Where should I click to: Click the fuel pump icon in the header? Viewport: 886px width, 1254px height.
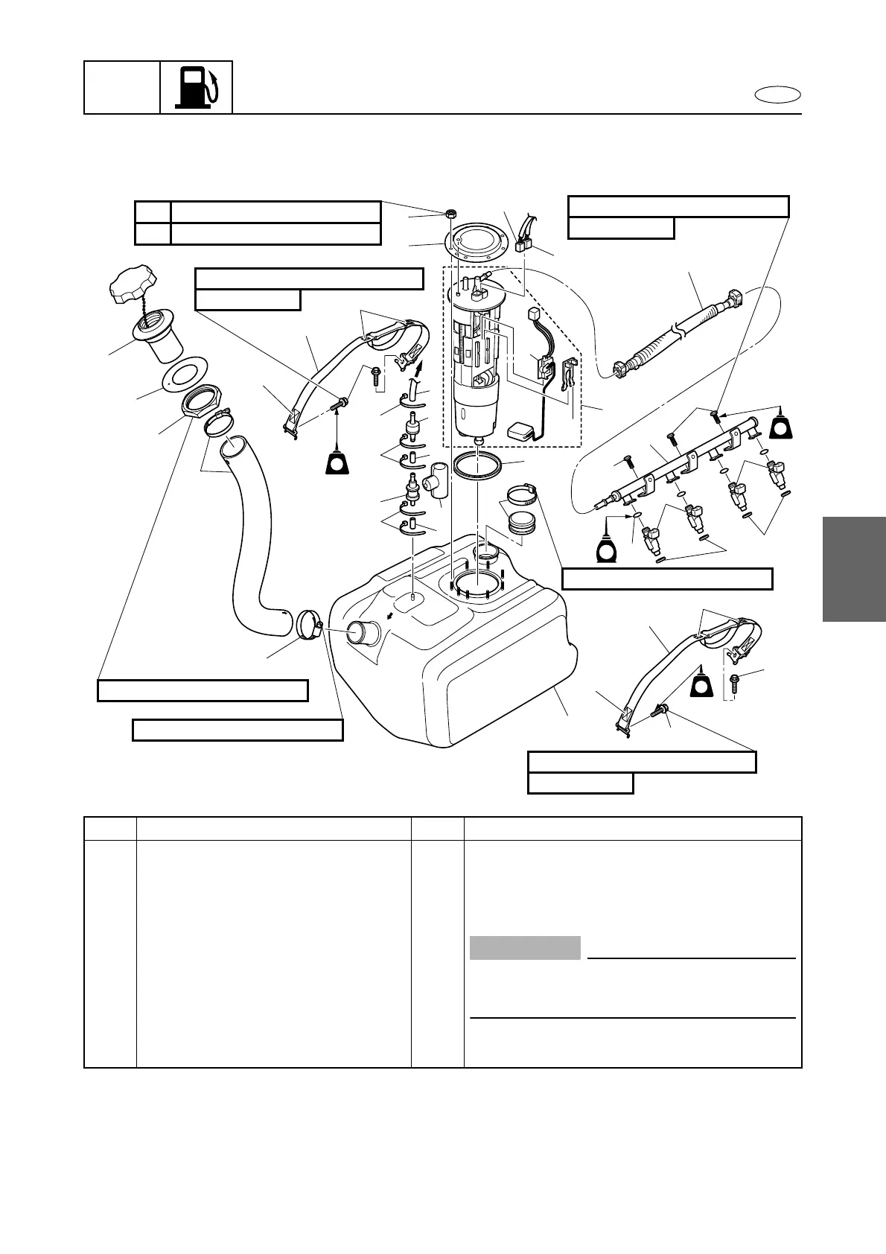(197, 88)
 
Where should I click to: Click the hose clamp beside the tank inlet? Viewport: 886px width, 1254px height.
(307, 624)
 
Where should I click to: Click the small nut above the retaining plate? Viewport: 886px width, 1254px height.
(450, 214)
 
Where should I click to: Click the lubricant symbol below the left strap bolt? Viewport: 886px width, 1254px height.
(337, 462)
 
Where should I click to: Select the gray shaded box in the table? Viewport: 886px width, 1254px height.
(525, 948)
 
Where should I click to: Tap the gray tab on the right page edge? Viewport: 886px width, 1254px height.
(854, 569)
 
